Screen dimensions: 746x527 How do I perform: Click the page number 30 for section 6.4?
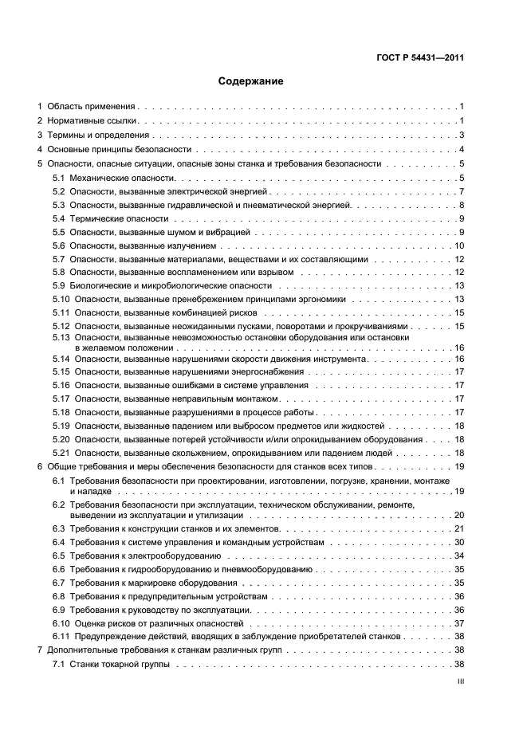click(x=459, y=542)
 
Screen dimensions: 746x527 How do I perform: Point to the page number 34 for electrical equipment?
click(x=459, y=556)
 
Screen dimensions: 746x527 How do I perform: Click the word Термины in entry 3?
click(x=65, y=135)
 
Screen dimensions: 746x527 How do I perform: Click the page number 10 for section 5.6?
click(x=459, y=245)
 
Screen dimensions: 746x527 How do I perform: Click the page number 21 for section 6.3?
click(x=459, y=528)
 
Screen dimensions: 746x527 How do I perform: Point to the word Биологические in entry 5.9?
click(x=99, y=285)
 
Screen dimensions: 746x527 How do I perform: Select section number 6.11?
click(x=61, y=637)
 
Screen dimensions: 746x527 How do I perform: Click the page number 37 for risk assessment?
click(x=459, y=623)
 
